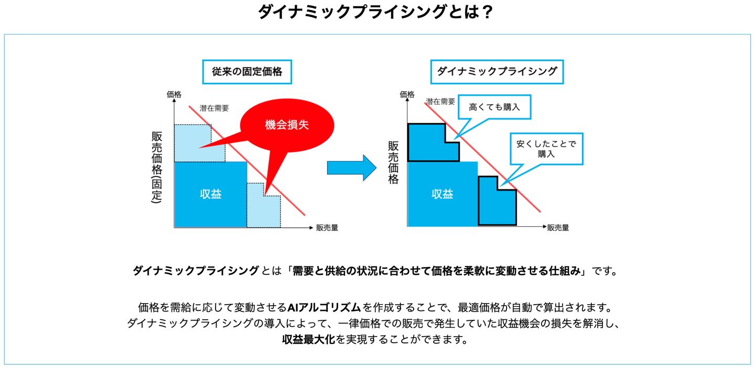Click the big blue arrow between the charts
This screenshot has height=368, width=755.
coord(351,168)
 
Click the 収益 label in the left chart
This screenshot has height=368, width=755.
coord(211,194)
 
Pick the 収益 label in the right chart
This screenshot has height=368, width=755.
coord(442,194)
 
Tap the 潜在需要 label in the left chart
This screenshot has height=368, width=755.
coord(214,108)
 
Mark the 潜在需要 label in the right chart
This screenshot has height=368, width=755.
coord(440,102)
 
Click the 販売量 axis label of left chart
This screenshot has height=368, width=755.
coord(327,228)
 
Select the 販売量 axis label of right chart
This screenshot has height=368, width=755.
coord(558,228)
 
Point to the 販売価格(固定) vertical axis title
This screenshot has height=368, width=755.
coord(157,167)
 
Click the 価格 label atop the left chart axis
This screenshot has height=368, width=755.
coord(174,95)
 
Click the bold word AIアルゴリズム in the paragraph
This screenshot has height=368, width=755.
coord(324,307)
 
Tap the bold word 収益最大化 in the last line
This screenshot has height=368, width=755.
coord(308,339)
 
